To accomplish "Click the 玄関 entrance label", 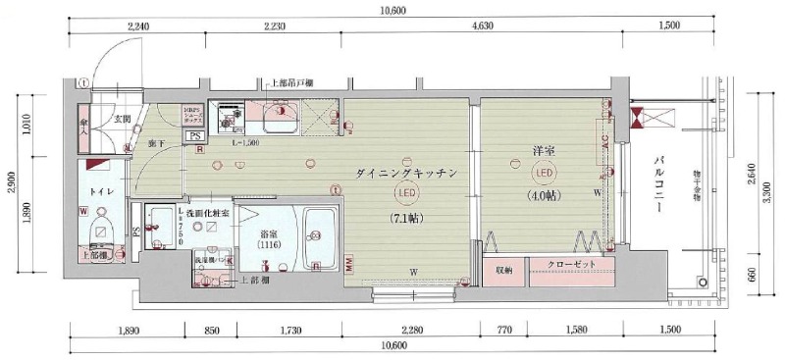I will coord(122,120).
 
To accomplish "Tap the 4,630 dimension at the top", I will coord(482,26).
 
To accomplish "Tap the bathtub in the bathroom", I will coord(319,238).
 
